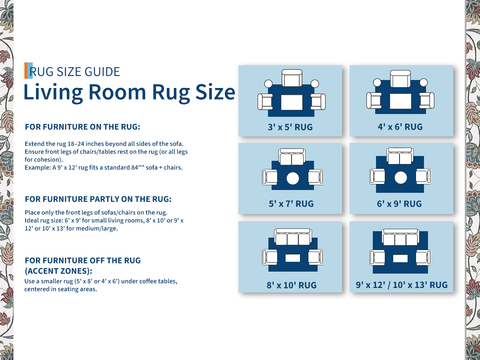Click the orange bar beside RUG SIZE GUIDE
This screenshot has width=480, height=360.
coord(26,71)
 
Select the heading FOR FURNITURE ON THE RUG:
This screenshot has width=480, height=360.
coord(82,127)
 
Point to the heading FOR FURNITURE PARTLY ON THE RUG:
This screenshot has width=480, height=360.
coord(98,199)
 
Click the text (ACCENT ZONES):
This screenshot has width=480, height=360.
coord(58,271)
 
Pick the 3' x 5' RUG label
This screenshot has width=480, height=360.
coord(290,127)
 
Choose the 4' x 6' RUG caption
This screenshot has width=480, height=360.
coord(400,127)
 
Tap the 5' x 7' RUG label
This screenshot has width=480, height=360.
coord(291,204)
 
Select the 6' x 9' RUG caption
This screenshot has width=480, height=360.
coord(399,204)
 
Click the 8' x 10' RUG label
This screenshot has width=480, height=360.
coord(292,285)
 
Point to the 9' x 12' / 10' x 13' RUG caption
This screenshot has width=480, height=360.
coord(402,285)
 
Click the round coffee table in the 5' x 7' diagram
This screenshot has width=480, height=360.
coord(292,178)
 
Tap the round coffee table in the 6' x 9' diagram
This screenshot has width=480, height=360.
coord(401,178)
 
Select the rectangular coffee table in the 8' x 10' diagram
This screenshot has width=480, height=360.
coord(292,258)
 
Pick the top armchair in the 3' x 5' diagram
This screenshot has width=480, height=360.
coord(292,78)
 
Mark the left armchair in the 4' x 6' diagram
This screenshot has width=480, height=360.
coord(374,100)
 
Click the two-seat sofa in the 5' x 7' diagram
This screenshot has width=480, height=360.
coord(292,157)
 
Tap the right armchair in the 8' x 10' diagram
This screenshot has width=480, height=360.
coord(316,257)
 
